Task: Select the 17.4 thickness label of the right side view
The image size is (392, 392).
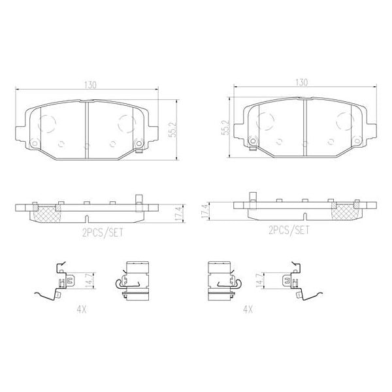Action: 204,211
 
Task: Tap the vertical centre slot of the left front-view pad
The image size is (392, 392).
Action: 87,129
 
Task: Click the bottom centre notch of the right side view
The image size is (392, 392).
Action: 304,216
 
